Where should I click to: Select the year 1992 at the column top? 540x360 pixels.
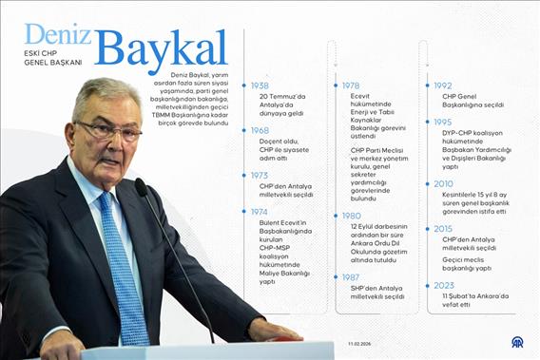click(x=443, y=85)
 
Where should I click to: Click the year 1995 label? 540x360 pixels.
click(x=443, y=123)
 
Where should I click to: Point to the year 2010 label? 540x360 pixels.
click(x=443, y=184)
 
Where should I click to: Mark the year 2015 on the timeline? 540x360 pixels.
click(x=443, y=229)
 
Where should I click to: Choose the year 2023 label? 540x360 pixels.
click(x=443, y=285)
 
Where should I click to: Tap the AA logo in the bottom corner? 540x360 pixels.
click(x=518, y=343)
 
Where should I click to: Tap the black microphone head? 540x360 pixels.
click(x=141, y=187)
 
